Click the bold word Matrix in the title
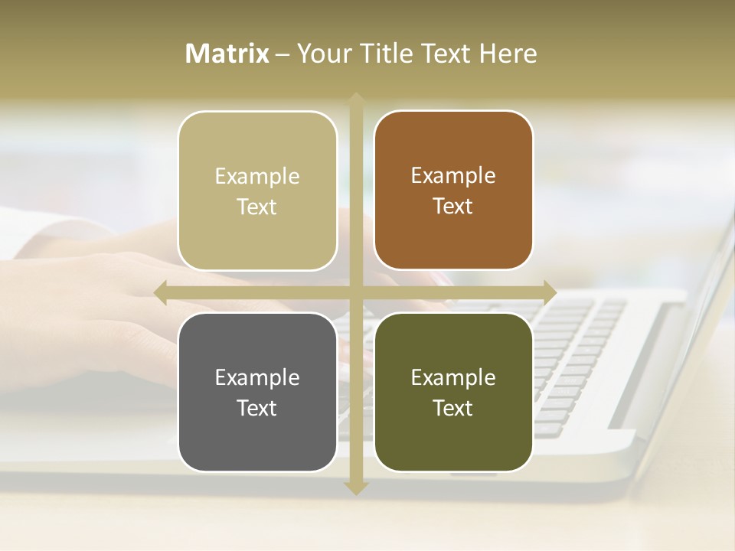[227, 54]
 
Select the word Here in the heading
[508, 54]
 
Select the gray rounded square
[257, 444]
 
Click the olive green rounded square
[453, 444]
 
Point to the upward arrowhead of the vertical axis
[355, 99]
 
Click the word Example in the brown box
[453, 175]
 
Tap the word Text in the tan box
[256, 207]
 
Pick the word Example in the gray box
[257, 377]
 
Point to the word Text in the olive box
[452, 408]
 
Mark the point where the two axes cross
[355, 292]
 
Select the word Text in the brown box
[452, 206]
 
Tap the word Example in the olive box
[453, 377]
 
